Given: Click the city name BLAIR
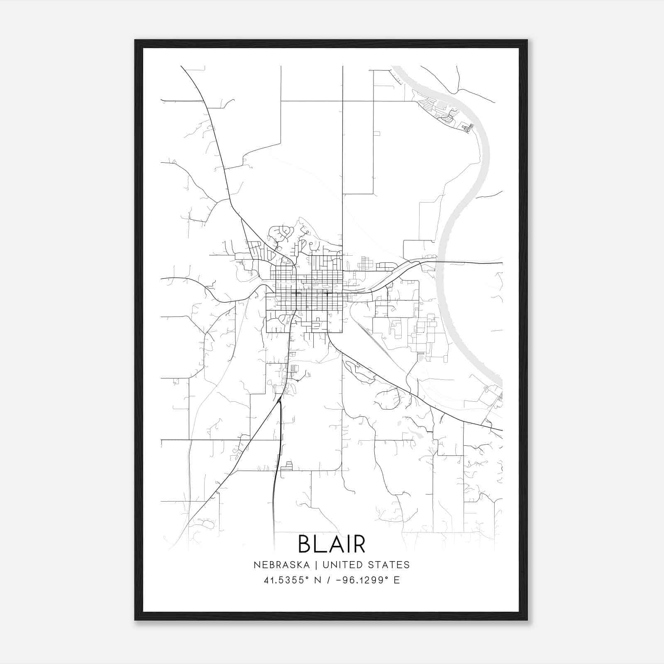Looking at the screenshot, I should tap(332, 544).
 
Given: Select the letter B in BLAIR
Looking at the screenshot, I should tap(305, 544).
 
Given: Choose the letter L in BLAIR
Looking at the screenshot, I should tap(320, 544).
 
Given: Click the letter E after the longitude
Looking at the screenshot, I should tap(397, 580).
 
